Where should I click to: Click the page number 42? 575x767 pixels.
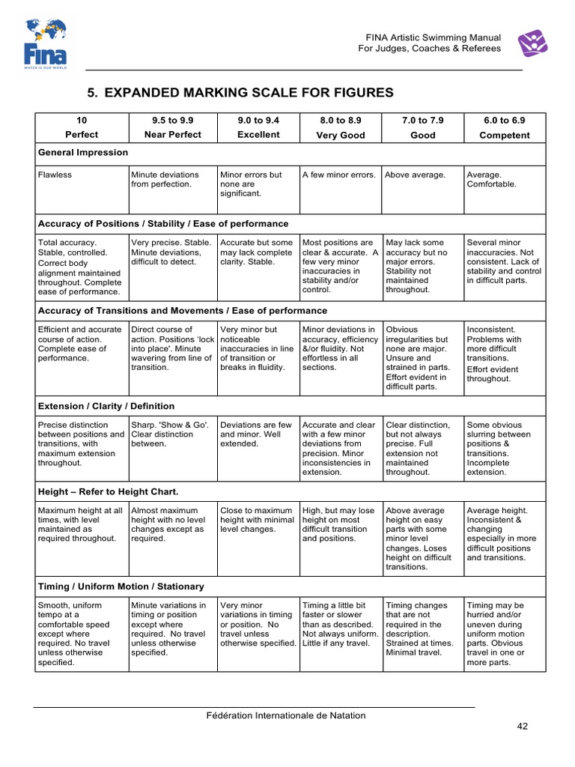(523, 727)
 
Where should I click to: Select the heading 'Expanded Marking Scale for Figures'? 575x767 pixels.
(240, 93)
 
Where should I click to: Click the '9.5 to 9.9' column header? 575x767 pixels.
(172, 120)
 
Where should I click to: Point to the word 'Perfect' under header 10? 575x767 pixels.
(82, 135)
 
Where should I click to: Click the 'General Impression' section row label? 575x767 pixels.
(83, 152)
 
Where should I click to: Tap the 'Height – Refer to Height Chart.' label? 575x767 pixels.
(109, 491)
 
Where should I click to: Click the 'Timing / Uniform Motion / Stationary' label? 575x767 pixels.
(121, 586)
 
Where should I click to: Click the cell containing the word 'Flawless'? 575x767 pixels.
(55, 175)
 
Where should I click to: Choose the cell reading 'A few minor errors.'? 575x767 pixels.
(338, 175)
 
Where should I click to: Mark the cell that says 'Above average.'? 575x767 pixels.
(415, 175)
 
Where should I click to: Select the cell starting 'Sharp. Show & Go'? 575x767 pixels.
(171, 434)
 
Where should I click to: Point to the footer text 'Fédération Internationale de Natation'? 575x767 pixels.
(286, 715)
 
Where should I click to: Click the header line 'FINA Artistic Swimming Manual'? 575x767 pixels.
(433, 36)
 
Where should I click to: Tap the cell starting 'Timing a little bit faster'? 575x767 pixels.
(338, 624)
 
